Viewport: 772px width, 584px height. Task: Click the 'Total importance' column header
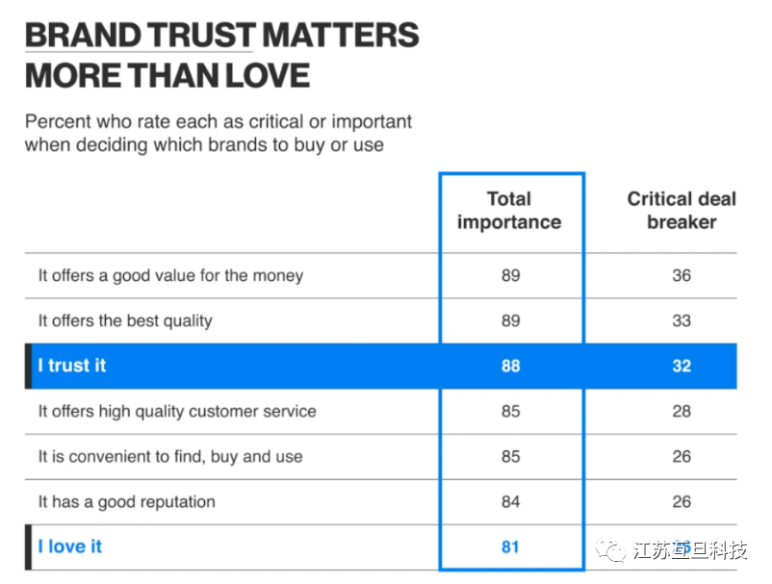pos(509,211)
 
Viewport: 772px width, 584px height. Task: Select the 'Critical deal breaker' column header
pos(682,211)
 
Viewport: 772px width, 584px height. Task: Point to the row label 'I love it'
pos(69,546)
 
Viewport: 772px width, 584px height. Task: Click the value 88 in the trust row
pos(510,366)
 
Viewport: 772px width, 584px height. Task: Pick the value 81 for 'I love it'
pos(510,546)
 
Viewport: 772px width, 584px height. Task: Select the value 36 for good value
pos(682,275)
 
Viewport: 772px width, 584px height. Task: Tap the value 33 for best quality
pos(682,320)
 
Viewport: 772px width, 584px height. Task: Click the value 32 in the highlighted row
pos(682,366)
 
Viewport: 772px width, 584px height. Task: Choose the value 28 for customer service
pos(682,411)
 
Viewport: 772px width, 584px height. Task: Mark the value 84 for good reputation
pos(510,501)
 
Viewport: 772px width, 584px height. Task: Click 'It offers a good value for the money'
pos(170,275)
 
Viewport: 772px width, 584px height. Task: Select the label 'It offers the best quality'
pos(125,320)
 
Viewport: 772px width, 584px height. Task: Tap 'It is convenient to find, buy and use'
pos(170,456)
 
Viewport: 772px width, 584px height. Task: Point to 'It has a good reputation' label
pos(127,501)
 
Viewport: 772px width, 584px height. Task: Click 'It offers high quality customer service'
pos(177,411)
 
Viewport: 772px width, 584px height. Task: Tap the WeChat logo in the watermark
pos(609,549)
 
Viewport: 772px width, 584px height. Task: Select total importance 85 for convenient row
pos(510,456)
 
